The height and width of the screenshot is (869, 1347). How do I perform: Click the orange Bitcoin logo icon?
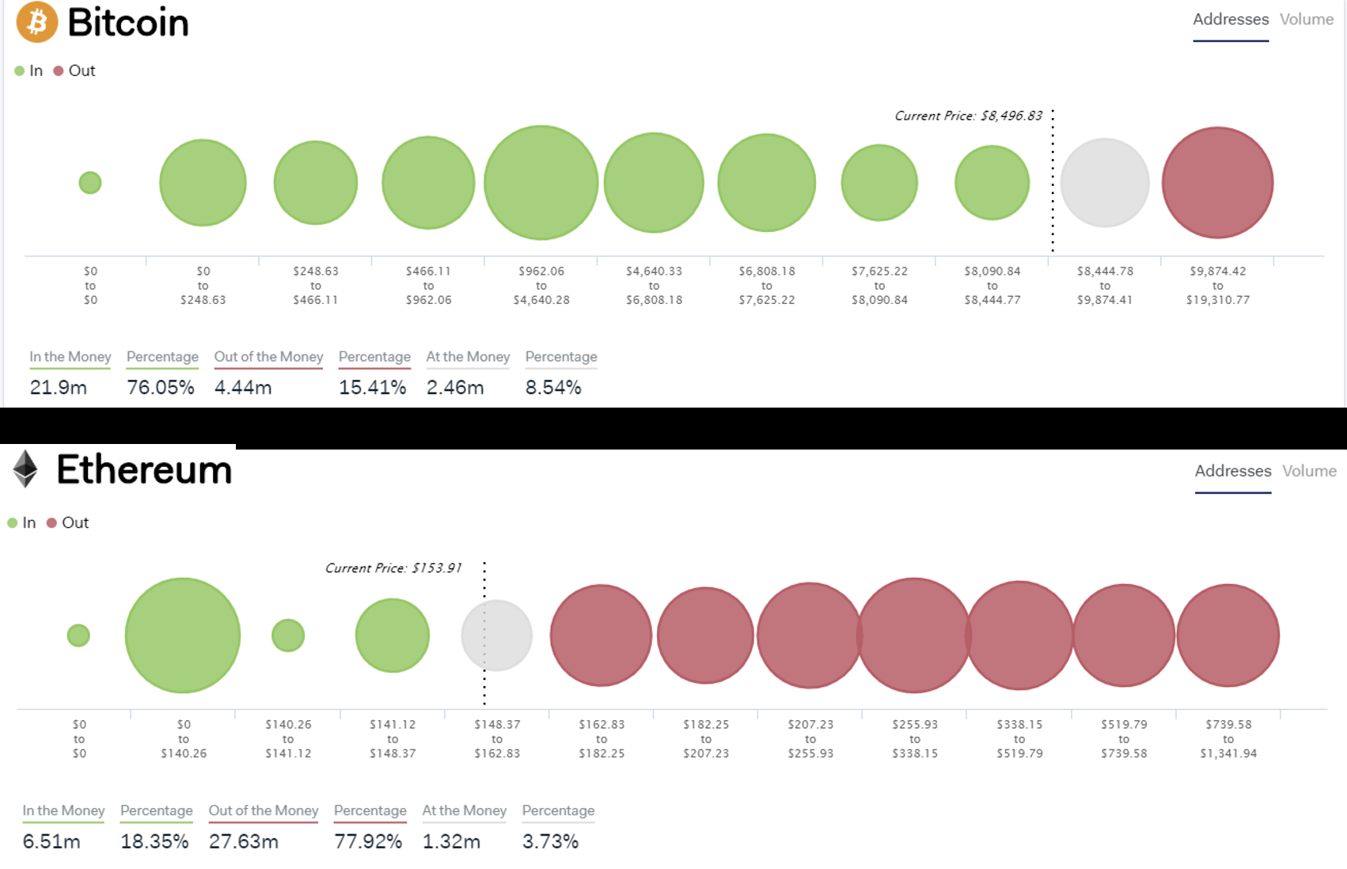click(x=37, y=21)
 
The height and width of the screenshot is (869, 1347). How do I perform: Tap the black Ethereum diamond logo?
click(x=25, y=469)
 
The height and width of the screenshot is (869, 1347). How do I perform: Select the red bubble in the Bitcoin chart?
click(x=1217, y=183)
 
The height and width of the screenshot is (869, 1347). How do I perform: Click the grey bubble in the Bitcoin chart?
click(x=1105, y=183)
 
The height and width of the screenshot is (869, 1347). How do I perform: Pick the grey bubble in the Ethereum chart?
click(x=497, y=636)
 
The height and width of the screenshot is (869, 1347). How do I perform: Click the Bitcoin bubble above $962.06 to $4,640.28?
click(x=541, y=183)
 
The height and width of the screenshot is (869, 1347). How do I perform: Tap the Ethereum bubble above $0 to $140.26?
click(x=183, y=636)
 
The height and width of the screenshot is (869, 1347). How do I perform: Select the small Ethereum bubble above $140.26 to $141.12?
click(x=288, y=636)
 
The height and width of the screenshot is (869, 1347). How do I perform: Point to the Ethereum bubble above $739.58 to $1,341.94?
click(x=1228, y=636)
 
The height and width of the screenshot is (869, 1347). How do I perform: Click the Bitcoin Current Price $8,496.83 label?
click(x=969, y=116)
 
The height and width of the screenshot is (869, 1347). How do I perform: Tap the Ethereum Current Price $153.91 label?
click(x=393, y=568)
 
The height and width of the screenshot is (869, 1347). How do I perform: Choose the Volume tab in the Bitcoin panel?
click(x=1307, y=19)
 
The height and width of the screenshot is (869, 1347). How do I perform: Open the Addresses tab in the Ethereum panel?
click(x=1233, y=471)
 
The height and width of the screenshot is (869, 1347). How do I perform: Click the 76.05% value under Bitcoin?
click(x=161, y=387)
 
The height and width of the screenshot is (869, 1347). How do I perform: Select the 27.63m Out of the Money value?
click(x=244, y=841)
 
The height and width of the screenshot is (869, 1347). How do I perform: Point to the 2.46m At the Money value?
click(x=455, y=387)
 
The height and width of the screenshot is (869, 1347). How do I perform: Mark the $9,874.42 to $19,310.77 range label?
click(x=1218, y=285)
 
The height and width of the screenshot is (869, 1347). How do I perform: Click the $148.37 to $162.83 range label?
click(x=497, y=738)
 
